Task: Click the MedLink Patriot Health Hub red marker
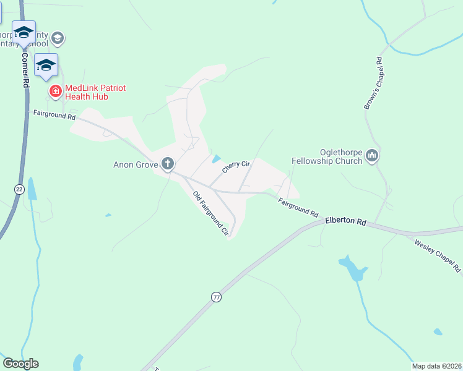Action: tap(55, 92)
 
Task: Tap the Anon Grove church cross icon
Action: tap(167, 164)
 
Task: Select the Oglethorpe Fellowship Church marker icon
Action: tap(372, 156)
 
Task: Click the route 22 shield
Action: tap(19, 190)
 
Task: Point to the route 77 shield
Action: tap(215, 297)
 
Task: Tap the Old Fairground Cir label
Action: tap(211, 214)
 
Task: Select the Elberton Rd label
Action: tap(345, 221)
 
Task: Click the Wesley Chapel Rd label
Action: tap(438, 255)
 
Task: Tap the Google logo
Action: tap(20, 364)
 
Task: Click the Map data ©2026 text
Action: tap(436, 366)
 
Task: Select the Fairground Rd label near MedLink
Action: tap(54, 116)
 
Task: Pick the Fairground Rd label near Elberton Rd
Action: tap(298, 207)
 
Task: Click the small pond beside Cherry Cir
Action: tap(215, 159)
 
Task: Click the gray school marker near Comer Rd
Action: tap(58, 38)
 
